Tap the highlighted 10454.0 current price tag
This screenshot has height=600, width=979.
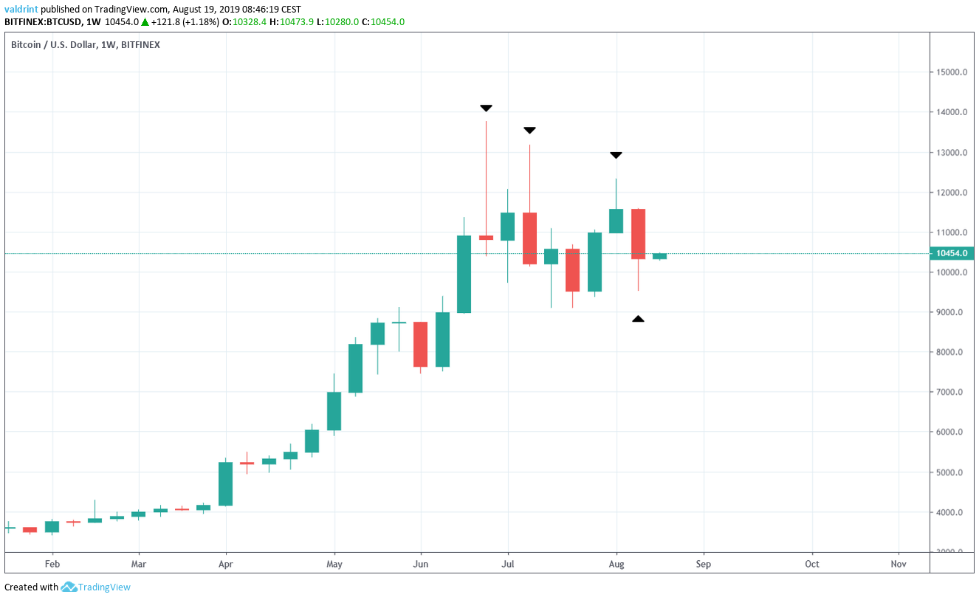coord(952,253)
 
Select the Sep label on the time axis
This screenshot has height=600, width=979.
coord(704,565)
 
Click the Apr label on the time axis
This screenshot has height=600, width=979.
coord(225,565)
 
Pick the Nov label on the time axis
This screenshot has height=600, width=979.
coord(899,565)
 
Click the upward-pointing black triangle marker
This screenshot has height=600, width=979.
coord(638,319)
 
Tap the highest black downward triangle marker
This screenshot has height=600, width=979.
coord(486,108)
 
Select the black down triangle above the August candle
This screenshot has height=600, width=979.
coord(616,155)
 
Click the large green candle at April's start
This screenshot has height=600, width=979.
coord(225,483)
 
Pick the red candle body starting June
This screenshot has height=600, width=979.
coord(421,344)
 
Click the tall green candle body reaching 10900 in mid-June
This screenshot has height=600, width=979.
coord(464,274)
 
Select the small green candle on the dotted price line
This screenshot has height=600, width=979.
coord(659,256)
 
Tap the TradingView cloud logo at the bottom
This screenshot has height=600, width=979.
coord(69,587)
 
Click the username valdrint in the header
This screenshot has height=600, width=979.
coord(21,10)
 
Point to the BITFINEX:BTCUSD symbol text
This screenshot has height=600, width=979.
coord(43,22)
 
